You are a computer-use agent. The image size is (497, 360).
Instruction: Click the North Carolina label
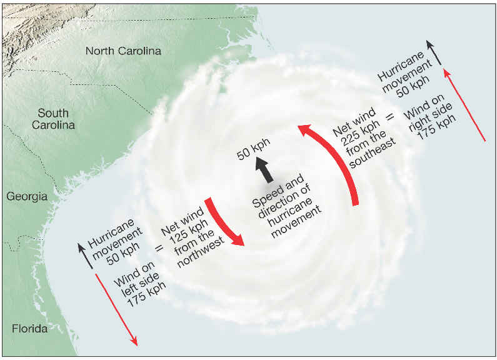pyautogui.click(x=123, y=51)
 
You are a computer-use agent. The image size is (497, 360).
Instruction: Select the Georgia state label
pyautogui.click(x=27, y=196)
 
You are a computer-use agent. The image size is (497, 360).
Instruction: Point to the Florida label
pyautogui.click(x=29, y=328)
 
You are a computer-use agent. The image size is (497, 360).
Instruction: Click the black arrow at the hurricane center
pyautogui.click(x=263, y=169)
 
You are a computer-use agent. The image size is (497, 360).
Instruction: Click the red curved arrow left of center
pyautogui.click(x=224, y=221)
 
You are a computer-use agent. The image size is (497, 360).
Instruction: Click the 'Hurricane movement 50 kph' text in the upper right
pyautogui.click(x=404, y=74)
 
